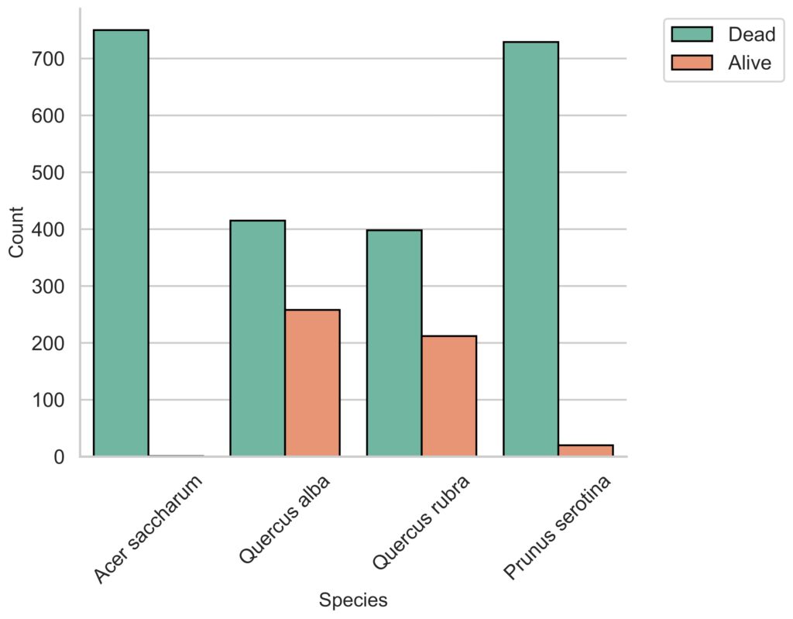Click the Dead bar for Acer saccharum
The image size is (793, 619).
[x=121, y=243]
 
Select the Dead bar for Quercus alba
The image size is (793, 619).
[x=257, y=338]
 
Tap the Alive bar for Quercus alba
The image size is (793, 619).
[x=313, y=383]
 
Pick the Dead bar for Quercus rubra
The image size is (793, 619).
[x=394, y=343]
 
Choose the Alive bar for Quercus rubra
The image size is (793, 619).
[x=449, y=396]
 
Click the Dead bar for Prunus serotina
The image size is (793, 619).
[x=531, y=249]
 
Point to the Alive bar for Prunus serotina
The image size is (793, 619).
[x=585, y=450]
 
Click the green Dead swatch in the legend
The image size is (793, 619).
[x=692, y=34]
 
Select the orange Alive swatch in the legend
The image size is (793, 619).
[x=692, y=63]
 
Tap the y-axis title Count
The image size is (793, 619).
[x=16, y=232]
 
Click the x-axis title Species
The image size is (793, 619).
[x=353, y=600]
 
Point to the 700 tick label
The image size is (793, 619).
[x=48, y=59]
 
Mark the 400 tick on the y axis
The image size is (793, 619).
[x=48, y=229]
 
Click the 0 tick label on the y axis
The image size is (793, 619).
[x=59, y=457]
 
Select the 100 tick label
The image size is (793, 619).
[x=48, y=400]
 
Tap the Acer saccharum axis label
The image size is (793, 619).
[x=149, y=528]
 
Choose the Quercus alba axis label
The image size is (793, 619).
[x=285, y=519]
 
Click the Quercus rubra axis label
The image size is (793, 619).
[x=421, y=522]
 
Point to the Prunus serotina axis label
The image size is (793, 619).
[x=558, y=527]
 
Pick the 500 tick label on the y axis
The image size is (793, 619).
[x=48, y=173]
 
